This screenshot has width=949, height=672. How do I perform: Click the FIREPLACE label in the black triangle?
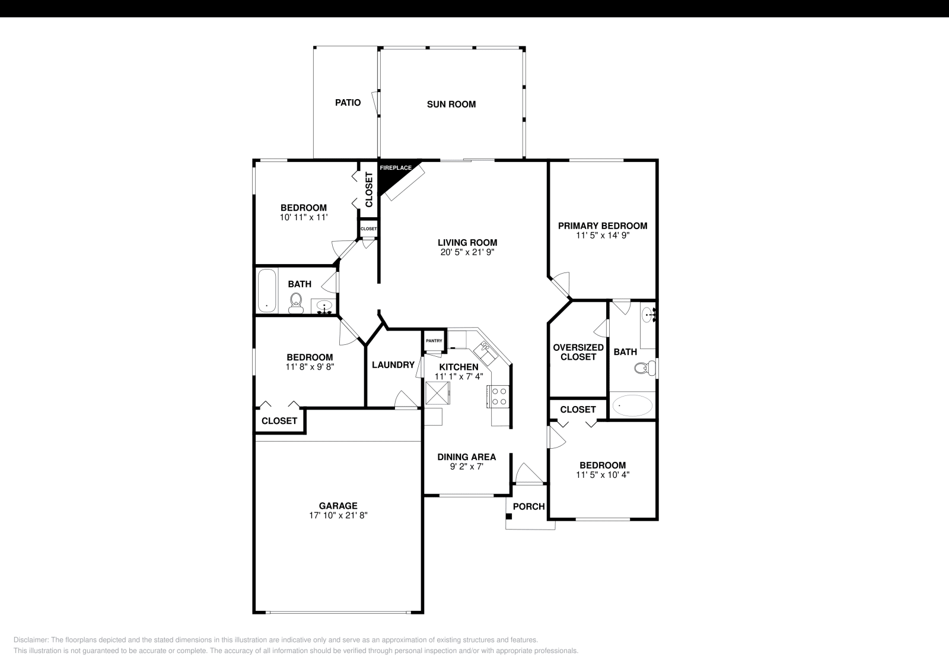point(395,168)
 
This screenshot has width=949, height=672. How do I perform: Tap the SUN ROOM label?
point(451,104)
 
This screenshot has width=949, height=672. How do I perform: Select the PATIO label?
point(348,103)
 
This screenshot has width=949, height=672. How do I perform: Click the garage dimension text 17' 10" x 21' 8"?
point(338,516)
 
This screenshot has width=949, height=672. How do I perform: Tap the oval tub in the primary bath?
point(632,407)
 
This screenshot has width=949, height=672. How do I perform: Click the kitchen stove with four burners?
point(499,396)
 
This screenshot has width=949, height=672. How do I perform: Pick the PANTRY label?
point(434,341)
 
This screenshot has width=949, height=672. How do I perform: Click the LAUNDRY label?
point(393,365)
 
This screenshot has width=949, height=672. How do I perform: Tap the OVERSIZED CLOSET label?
point(578,352)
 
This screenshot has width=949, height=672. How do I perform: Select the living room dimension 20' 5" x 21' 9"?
point(467,252)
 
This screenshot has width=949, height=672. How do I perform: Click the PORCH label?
point(528,506)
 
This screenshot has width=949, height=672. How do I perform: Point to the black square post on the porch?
point(508,516)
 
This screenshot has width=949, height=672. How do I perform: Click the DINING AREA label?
point(466,457)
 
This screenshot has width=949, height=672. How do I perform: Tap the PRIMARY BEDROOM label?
point(602,226)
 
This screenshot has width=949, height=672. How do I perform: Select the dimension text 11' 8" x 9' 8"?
point(310,367)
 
